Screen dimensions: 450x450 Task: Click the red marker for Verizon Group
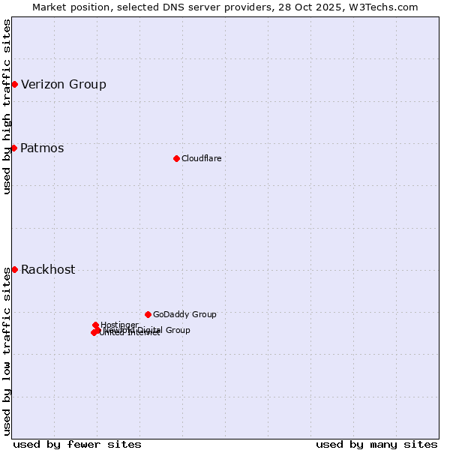(14, 84)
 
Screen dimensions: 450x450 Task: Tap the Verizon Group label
(64, 84)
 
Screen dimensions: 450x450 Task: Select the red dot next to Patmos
(13, 148)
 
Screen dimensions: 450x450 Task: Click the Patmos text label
(42, 148)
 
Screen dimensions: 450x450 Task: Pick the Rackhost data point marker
(14, 269)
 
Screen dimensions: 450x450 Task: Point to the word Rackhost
(48, 269)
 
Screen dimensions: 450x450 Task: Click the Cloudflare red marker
(176, 158)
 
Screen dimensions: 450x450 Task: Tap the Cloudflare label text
(201, 158)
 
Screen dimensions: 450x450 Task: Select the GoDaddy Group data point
(148, 314)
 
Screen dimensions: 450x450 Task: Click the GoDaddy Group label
(184, 314)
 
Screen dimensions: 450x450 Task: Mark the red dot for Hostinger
(95, 325)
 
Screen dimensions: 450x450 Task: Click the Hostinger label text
(119, 325)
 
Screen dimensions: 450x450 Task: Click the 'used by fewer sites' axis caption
(77, 444)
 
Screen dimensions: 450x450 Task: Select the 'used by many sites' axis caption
(376, 444)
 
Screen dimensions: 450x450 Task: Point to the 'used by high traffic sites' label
(7, 106)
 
